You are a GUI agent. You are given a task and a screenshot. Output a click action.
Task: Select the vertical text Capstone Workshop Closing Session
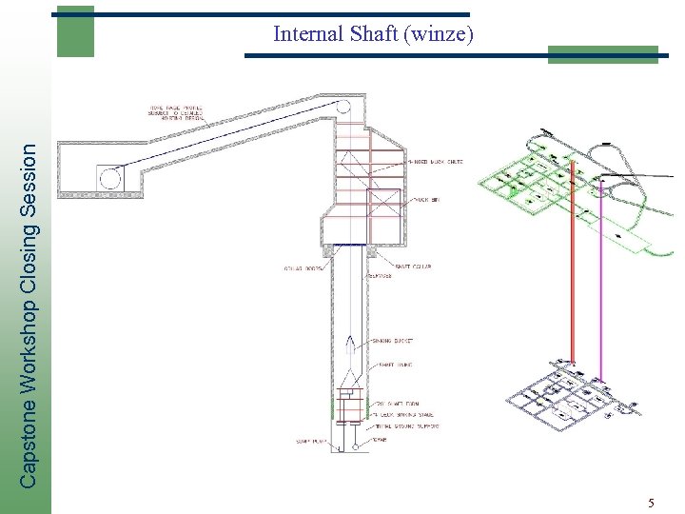pyautogui.click(x=30, y=314)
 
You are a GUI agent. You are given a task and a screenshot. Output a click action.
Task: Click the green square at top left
pyautogui.click(x=75, y=32)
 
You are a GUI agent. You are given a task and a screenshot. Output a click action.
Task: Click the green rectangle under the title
pyautogui.click(x=602, y=54)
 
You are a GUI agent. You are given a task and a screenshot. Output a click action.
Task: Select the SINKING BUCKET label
pyautogui.click(x=394, y=340)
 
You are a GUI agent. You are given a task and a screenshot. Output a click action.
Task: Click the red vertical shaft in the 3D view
pyautogui.click(x=572, y=267)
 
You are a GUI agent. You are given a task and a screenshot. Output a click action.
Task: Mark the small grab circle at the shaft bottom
pyautogui.click(x=354, y=445)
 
